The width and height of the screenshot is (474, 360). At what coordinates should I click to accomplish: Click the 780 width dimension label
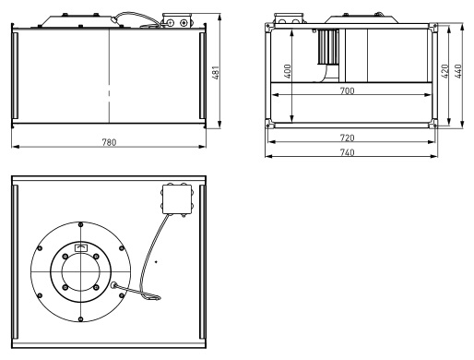point(109,142)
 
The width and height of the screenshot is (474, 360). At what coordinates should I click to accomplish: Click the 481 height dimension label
point(216,73)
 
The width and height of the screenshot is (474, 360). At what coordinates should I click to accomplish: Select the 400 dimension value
point(288,71)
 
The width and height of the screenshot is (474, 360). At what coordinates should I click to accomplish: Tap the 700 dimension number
point(347,90)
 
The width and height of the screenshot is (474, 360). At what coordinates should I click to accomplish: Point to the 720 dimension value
point(347,138)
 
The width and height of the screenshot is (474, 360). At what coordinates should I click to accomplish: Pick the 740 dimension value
point(347,152)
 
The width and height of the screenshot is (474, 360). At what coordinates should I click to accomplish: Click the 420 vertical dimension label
point(444,71)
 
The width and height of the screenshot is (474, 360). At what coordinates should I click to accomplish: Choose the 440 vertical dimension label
point(457,71)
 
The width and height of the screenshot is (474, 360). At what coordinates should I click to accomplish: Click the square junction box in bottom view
point(177,199)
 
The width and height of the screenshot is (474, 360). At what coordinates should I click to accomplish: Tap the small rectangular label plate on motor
point(81,247)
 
